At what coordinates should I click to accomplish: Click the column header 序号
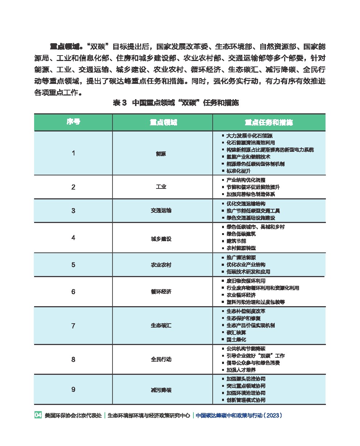click(x=73, y=122)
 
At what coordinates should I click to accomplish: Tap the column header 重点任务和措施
click(x=269, y=122)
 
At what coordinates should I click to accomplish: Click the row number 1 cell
click(x=73, y=153)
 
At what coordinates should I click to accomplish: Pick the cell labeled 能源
click(x=161, y=154)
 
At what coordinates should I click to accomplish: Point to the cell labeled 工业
click(x=161, y=187)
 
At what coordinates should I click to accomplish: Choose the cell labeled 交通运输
click(x=161, y=211)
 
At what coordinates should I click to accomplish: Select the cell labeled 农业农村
click(x=161, y=265)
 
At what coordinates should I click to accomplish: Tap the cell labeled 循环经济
click(x=161, y=292)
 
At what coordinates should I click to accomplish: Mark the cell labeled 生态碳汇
click(x=161, y=325)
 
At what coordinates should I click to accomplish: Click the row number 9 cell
click(x=73, y=390)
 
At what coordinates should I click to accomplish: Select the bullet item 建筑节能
click(x=236, y=241)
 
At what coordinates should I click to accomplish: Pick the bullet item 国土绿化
click(x=236, y=340)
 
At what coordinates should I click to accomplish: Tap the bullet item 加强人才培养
click(x=241, y=370)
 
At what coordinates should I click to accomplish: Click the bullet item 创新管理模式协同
click(x=246, y=400)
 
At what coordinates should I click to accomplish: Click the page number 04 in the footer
click(x=38, y=415)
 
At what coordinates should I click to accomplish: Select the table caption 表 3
click(x=119, y=103)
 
